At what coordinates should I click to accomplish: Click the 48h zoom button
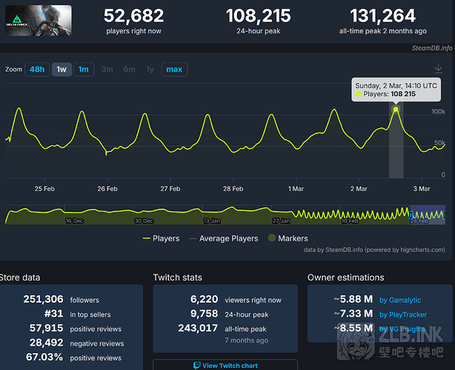pyautogui.click(x=36, y=70)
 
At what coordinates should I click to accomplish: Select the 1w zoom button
pyautogui.click(x=62, y=70)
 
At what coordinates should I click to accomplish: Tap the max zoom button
pyautogui.click(x=174, y=70)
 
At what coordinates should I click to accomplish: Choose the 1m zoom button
pyautogui.click(x=84, y=70)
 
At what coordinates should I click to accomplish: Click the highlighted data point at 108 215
pyautogui.click(x=396, y=110)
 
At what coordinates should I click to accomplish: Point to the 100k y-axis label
pyautogui.click(x=438, y=111)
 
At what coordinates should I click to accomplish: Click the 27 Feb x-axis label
pyautogui.click(x=170, y=189)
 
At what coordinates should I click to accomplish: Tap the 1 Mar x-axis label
pyautogui.click(x=296, y=189)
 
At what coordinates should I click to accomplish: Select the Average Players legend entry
pyautogui.click(x=224, y=238)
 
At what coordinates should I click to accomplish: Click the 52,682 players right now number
pyautogui.click(x=133, y=16)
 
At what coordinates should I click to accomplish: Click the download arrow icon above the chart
pyautogui.click(x=438, y=67)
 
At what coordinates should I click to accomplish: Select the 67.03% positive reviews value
pyautogui.click(x=44, y=357)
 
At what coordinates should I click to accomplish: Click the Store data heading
pyautogui.click(x=20, y=277)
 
